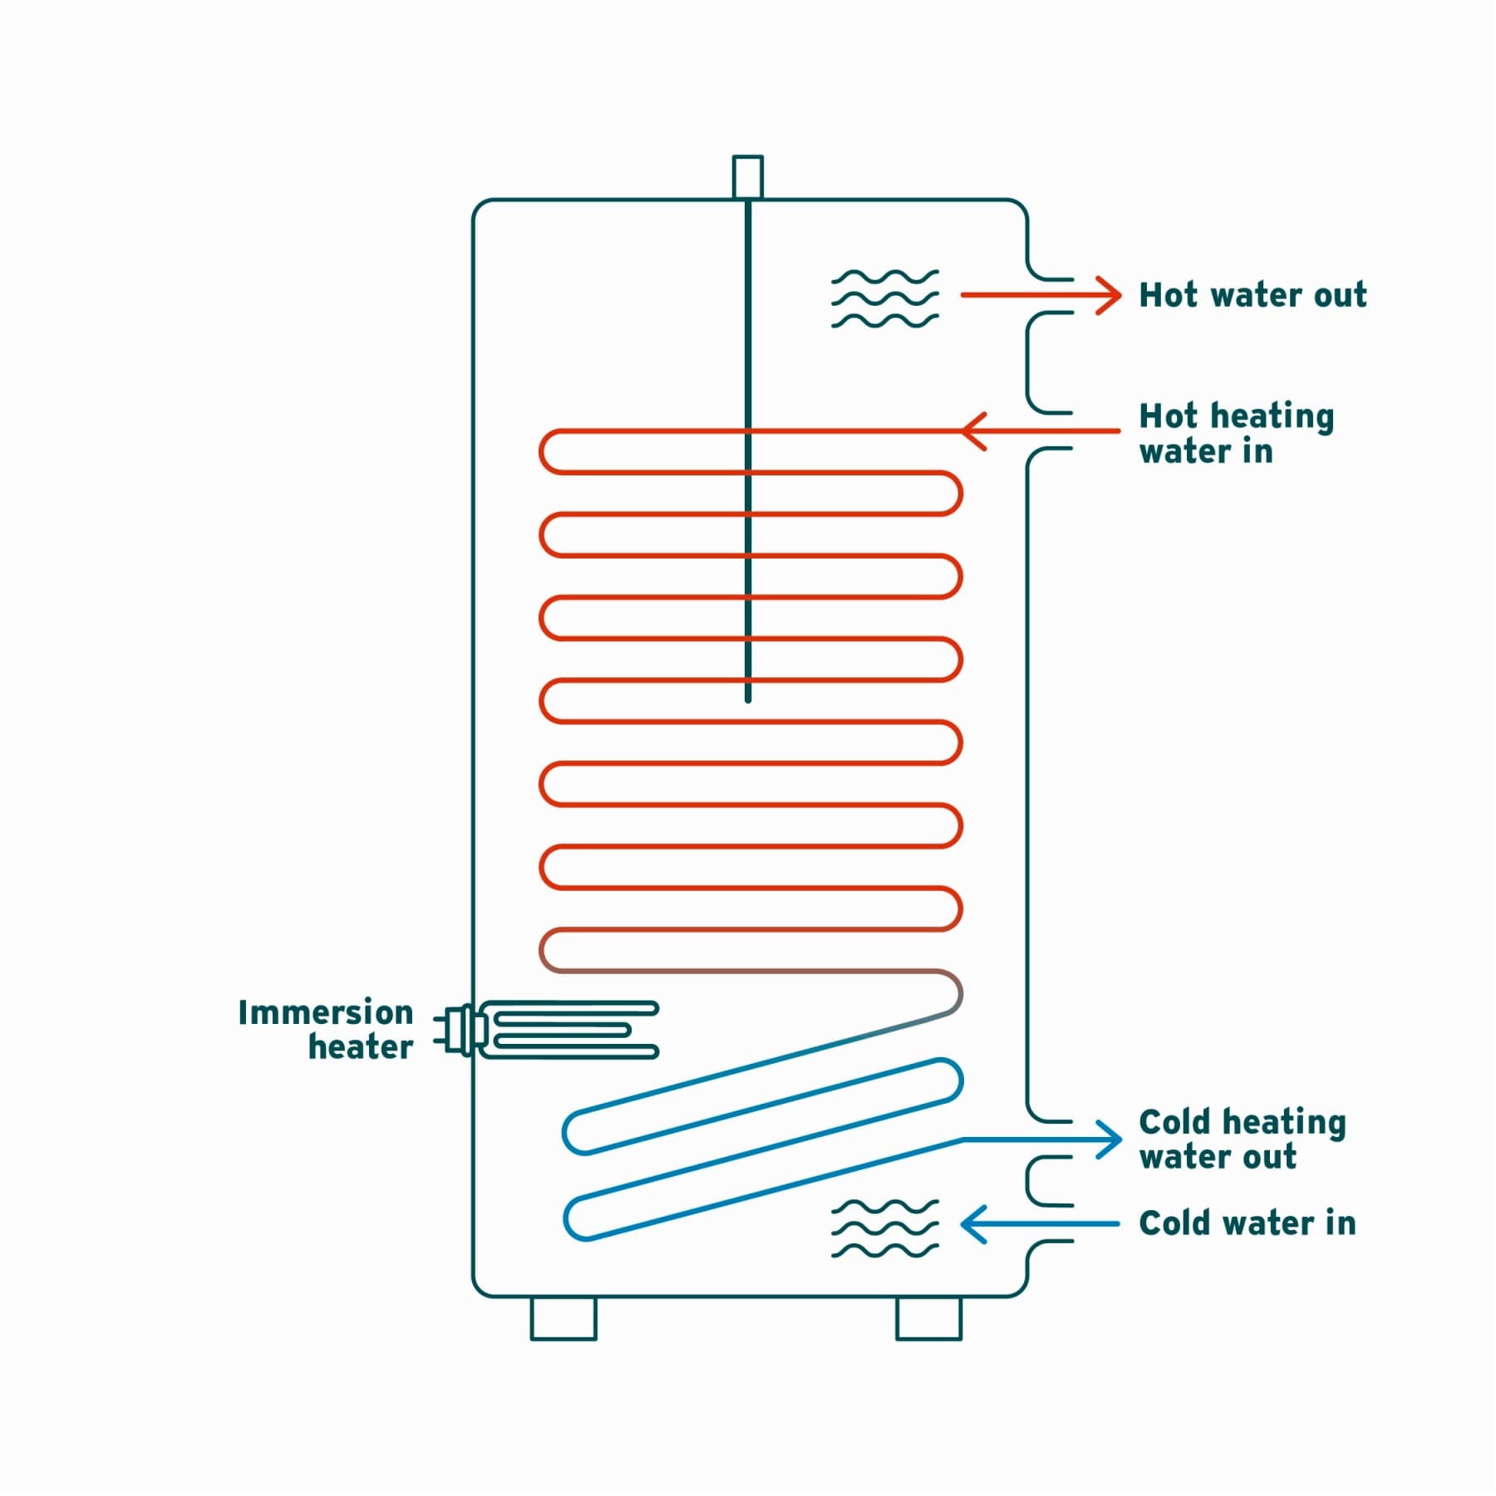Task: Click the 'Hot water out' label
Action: [x=1252, y=295]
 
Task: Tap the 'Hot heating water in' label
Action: [x=1236, y=433]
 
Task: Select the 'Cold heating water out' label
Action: [x=1242, y=1139]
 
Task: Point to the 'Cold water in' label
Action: [x=1247, y=1223]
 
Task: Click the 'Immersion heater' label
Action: [x=326, y=1030]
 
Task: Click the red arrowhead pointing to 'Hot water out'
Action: [x=1110, y=295]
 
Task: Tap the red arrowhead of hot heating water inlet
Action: [x=972, y=431]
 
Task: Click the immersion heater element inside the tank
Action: [x=573, y=1030]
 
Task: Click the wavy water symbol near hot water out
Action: [x=884, y=298]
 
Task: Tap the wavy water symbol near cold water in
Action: [x=884, y=1228]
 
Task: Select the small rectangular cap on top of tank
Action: [x=747, y=176]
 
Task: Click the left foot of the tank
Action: [x=563, y=1318]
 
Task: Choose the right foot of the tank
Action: [x=928, y=1318]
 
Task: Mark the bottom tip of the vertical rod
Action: [x=748, y=699]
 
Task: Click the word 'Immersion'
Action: [x=326, y=1013]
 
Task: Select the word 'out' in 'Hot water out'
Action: [x=1339, y=295]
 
